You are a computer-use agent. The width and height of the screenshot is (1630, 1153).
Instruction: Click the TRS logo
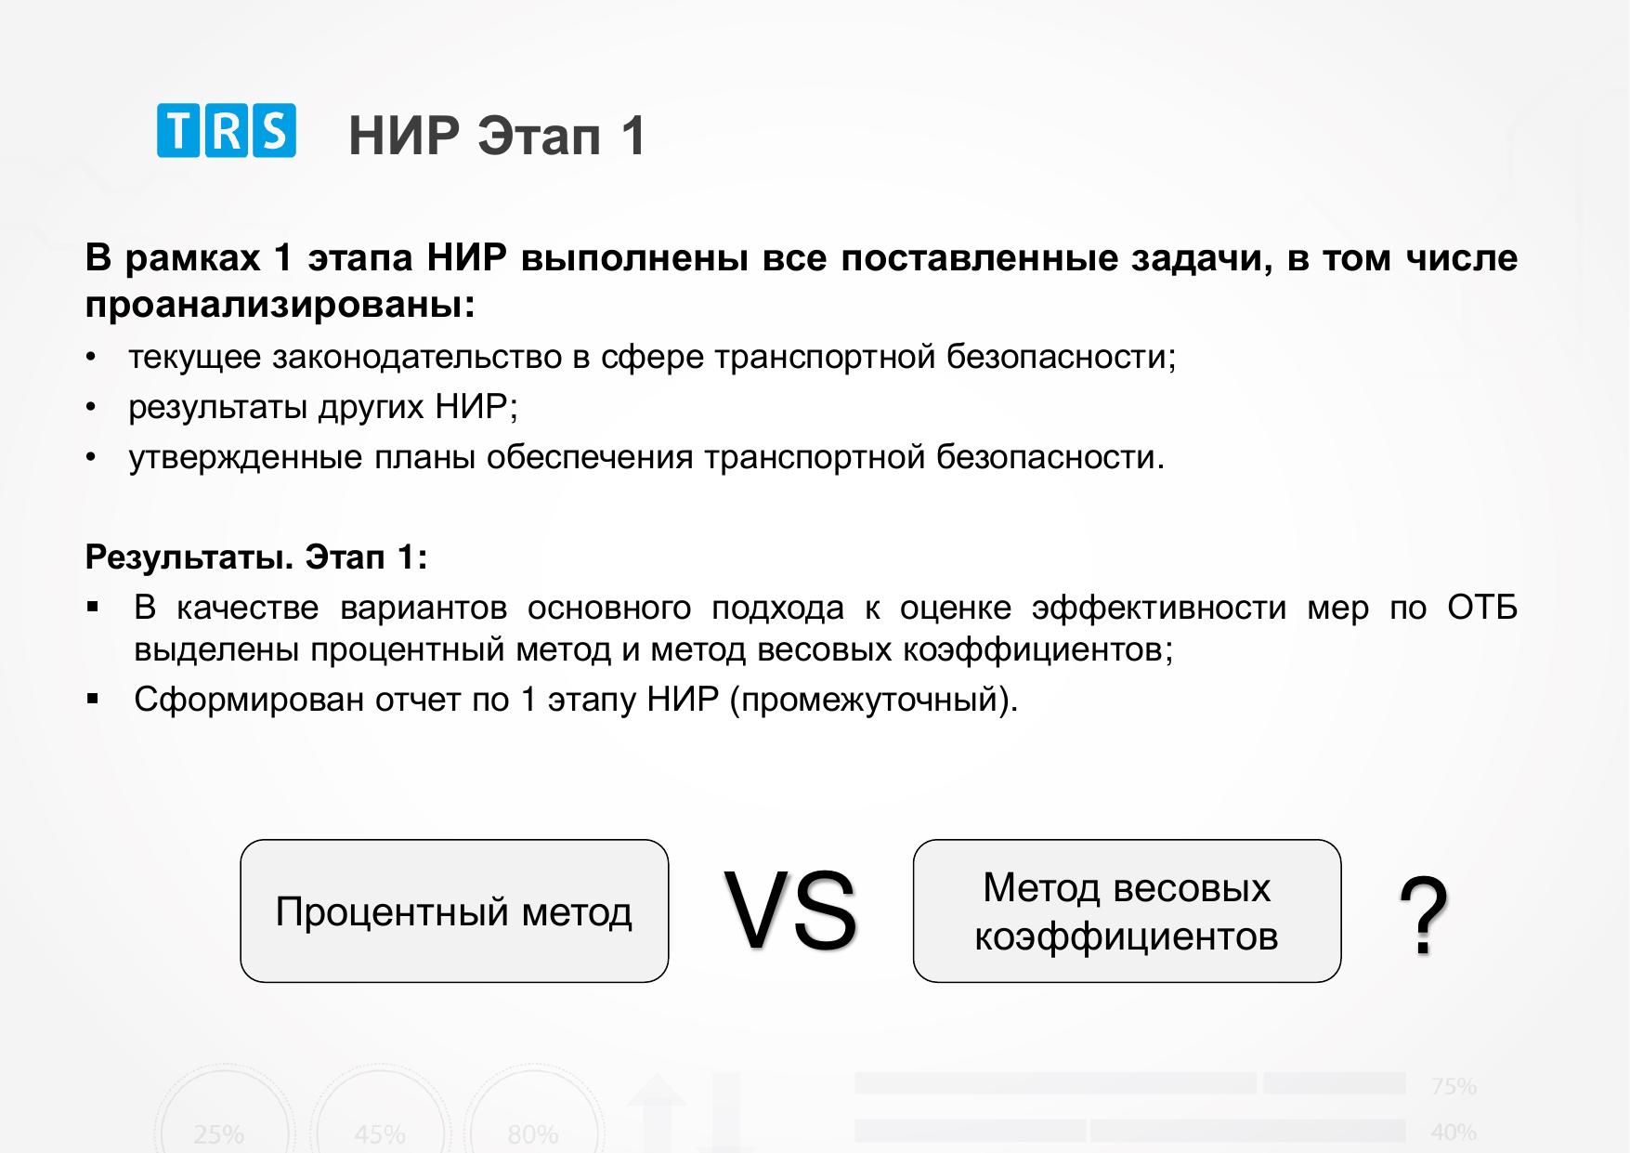[227, 130]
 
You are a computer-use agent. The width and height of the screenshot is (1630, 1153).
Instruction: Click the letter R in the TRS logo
[227, 130]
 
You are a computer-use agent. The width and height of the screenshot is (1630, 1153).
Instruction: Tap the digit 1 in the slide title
[634, 136]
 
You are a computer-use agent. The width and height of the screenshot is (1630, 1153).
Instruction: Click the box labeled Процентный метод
[454, 911]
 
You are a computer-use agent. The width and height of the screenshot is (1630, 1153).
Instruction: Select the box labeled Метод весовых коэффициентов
[1127, 911]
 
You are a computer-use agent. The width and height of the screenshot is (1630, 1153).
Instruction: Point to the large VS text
[790, 911]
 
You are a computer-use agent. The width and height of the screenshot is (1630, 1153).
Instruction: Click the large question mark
[1424, 916]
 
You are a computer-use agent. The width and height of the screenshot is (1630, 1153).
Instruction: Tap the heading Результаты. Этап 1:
[256, 557]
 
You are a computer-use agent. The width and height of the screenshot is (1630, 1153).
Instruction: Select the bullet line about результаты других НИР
[323, 407]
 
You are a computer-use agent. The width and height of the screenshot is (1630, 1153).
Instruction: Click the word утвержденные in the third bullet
[245, 457]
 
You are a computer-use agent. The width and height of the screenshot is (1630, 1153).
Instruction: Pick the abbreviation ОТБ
[1482, 608]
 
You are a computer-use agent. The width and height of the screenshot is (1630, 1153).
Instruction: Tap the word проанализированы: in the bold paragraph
[280, 306]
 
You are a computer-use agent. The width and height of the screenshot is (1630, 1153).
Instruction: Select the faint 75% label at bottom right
[1454, 1086]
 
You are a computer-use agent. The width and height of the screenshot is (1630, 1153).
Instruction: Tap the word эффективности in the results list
[1159, 608]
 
